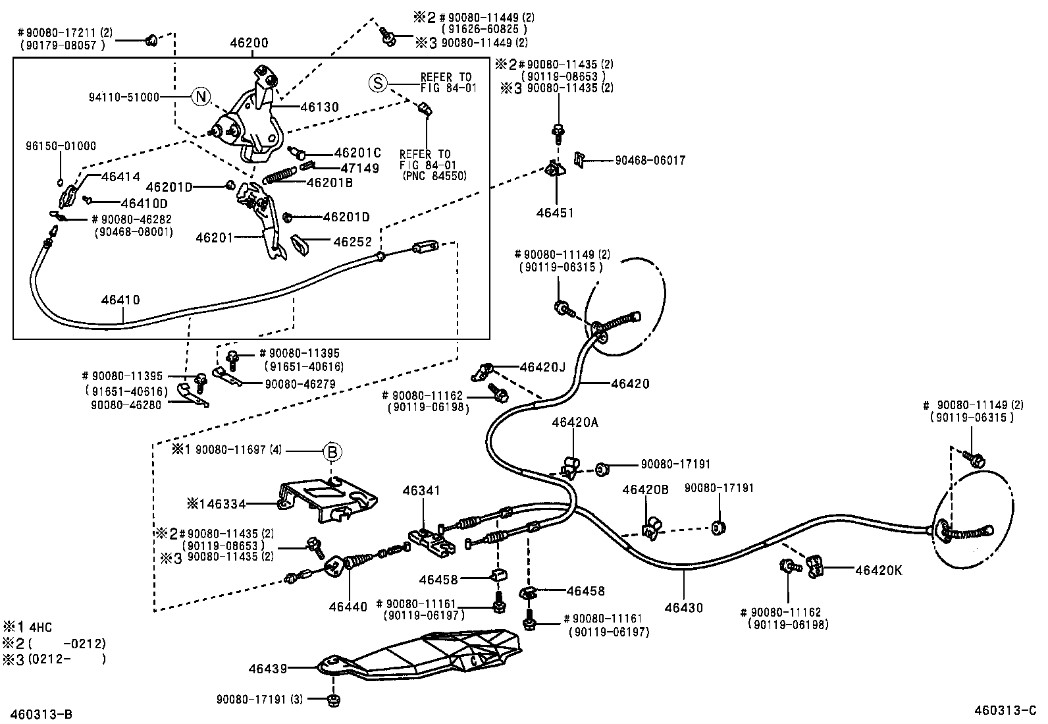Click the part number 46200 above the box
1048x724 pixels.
click(x=249, y=43)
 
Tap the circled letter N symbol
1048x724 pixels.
click(x=201, y=97)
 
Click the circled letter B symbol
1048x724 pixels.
click(x=332, y=452)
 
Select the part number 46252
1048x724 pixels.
click(x=352, y=242)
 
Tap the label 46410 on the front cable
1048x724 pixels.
click(x=120, y=300)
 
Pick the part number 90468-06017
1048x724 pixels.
click(x=650, y=160)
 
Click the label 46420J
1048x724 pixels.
click(x=542, y=366)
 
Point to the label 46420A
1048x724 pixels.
click(x=575, y=422)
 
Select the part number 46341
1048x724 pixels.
click(x=421, y=491)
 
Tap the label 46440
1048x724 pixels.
click(x=348, y=607)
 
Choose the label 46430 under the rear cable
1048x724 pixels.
click(x=683, y=607)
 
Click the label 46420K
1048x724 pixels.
click(x=878, y=571)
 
